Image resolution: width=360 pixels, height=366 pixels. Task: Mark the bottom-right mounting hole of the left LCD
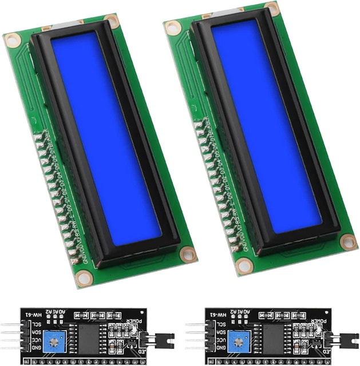click(186, 252)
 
